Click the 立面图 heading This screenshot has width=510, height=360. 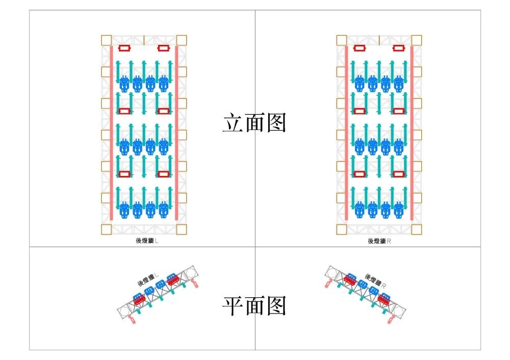(x=254, y=123)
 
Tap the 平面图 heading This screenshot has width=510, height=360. (x=254, y=306)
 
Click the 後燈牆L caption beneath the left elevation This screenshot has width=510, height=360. (x=144, y=241)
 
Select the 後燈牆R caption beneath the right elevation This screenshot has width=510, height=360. (x=379, y=241)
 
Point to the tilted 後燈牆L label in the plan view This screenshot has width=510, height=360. (x=148, y=279)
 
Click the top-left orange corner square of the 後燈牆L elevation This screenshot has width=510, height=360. (x=106, y=40)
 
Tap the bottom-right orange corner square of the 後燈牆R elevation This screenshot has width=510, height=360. (x=417, y=229)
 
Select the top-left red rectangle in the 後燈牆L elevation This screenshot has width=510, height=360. (x=124, y=48)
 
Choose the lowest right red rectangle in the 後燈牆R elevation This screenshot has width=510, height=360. (x=399, y=174)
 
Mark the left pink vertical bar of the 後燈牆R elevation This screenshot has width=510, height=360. (x=346, y=133)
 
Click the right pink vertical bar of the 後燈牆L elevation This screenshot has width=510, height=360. (x=176, y=133)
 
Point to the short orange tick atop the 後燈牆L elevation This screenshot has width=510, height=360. (x=144, y=39)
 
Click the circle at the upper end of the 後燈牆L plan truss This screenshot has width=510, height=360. (x=191, y=273)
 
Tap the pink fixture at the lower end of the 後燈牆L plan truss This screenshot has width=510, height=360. (x=132, y=320)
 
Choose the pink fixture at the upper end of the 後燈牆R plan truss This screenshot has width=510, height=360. (x=328, y=280)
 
